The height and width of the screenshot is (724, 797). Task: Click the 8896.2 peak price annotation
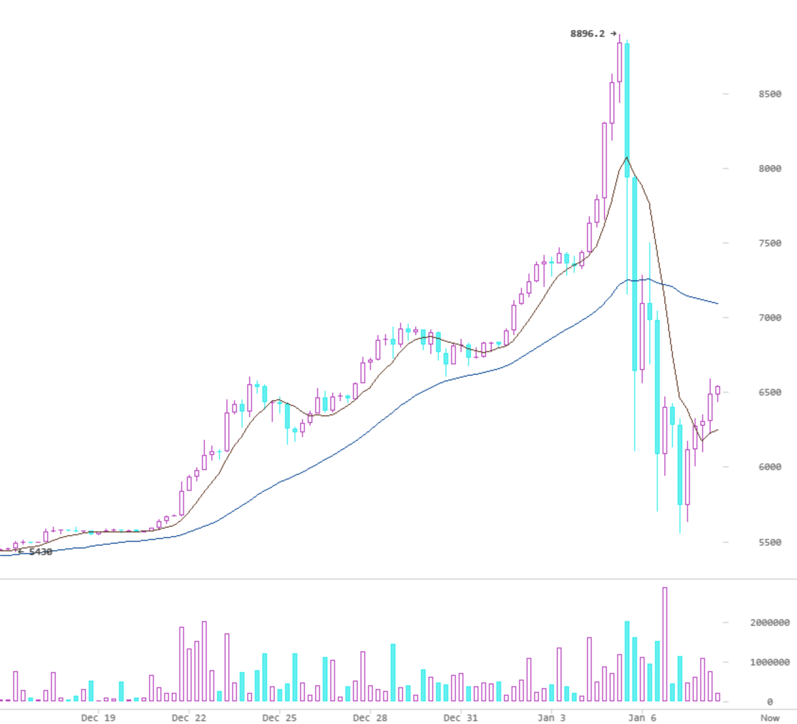(587, 34)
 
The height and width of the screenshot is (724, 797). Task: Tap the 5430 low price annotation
(41, 552)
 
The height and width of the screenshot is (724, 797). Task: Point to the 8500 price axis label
(770, 94)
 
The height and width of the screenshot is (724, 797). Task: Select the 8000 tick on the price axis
(770, 168)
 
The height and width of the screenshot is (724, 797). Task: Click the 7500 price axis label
(770, 243)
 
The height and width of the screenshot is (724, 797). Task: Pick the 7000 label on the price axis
(770, 318)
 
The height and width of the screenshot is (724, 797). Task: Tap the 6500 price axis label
(770, 392)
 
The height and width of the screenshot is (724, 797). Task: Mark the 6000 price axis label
(770, 467)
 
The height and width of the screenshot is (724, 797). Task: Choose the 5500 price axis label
(770, 542)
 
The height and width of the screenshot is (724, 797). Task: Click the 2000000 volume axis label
(770, 623)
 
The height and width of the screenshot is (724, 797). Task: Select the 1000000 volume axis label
(770, 662)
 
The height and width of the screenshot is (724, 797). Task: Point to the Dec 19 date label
(98, 718)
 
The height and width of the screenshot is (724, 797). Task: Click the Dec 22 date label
(189, 718)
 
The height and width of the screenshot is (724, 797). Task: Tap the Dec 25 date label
(279, 718)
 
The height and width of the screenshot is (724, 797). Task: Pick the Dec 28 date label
(370, 718)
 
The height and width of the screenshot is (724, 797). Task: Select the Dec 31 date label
(461, 718)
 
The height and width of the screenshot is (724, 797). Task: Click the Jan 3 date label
(551, 718)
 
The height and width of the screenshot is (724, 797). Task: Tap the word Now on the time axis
(770, 718)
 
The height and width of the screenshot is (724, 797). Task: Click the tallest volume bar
(665, 644)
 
